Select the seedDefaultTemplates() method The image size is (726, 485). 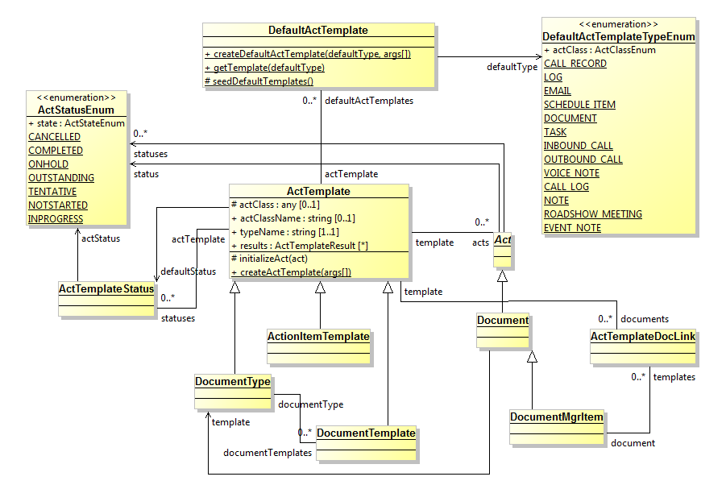pyautogui.click(x=259, y=81)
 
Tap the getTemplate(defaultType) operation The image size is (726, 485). pyautogui.click(x=263, y=68)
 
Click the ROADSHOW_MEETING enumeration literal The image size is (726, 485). pyautogui.click(x=592, y=214)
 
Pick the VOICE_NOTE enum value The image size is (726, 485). pyautogui.click(x=571, y=173)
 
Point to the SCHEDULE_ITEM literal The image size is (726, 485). pyautogui.click(x=579, y=105)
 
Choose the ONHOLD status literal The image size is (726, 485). pyautogui.click(x=48, y=164)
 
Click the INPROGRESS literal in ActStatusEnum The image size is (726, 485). pyautogui.click(x=56, y=219)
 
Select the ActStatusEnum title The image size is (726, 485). pyautogui.click(x=76, y=110)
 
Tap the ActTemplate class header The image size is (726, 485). pyautogui.click(x=318, y=192)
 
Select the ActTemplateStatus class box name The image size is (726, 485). pyautogui.click(x=106, y=288)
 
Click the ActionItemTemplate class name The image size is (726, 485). pyautogui.click(x=318, y=336)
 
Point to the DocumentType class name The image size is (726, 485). pyautogui.click(x=232, y=382)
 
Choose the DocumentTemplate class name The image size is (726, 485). pyautogui.click(x=366, y=433)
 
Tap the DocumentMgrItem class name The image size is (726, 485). pyautogui.click(x=557, y=417)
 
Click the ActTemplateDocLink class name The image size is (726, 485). pyautogui.click(x=642, y=336)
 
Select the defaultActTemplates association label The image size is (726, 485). pyautogui.click(x=368, y=101)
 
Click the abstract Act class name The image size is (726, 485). pyautogui.click(x=502, y=240)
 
